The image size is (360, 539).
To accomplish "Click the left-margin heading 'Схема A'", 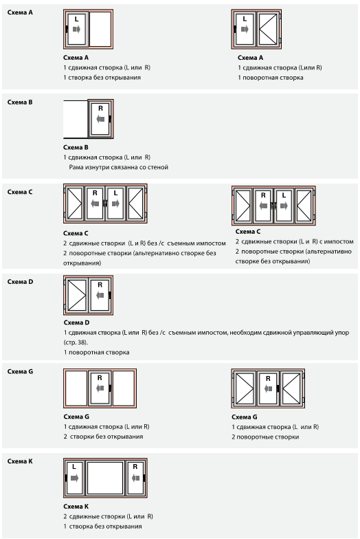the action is (x=20, y=12).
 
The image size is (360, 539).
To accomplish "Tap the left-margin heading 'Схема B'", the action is (x=20, y=102).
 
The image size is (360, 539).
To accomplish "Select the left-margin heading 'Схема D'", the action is (x=21, y=282).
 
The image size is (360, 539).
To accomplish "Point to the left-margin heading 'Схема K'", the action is (x=20, y=461).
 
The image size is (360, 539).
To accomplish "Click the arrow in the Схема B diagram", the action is (x=100, y=120).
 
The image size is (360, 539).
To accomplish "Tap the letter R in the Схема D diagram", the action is (x=100, y=285).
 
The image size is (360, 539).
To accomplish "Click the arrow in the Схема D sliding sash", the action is (x=100, y=295).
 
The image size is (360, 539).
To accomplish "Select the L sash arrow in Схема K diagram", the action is (x=74, y=478).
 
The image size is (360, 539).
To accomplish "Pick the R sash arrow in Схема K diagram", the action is (x=136, y=478).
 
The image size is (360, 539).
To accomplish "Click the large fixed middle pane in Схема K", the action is (x=104, y=478).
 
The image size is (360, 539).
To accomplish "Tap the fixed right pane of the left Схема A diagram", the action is (x=100, y=29).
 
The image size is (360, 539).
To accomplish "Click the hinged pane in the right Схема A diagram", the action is (x=268, y=29).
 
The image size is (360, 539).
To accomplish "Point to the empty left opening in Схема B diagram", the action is (x=76, y=119).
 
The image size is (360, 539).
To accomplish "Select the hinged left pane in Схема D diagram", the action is (x=77, y=295).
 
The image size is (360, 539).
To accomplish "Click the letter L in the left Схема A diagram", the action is (x=76, y=19).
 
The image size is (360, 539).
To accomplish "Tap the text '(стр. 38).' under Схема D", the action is (x=76, y=342).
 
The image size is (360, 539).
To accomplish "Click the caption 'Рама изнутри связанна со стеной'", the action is (x=118, y=168).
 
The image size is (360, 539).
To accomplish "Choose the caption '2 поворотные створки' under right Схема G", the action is (x=265, y=437).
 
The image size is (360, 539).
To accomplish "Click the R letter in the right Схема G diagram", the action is (x=268, y=378).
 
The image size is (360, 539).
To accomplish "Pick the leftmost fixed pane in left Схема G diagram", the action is (x=76, y=388).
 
